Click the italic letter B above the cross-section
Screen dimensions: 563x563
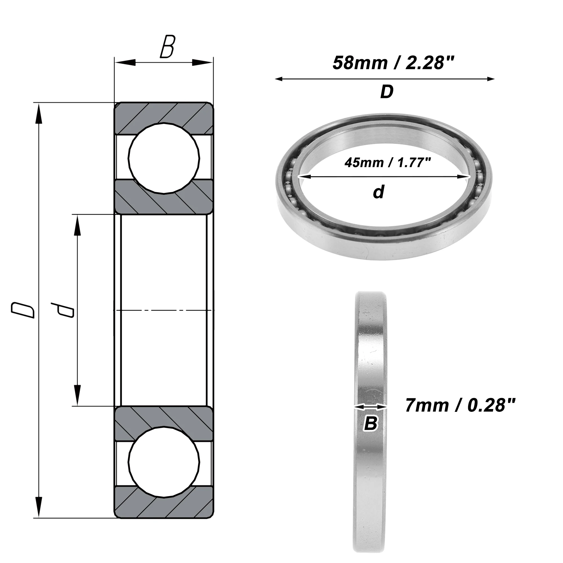click(167, 47)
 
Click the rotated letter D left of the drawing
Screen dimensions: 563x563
click(23, 310)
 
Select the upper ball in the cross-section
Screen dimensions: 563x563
click(164, 158)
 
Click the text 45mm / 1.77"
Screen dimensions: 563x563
click(388, 163)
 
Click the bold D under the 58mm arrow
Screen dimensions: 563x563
click(387, 92)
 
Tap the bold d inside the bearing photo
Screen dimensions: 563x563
click(379, 192)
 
